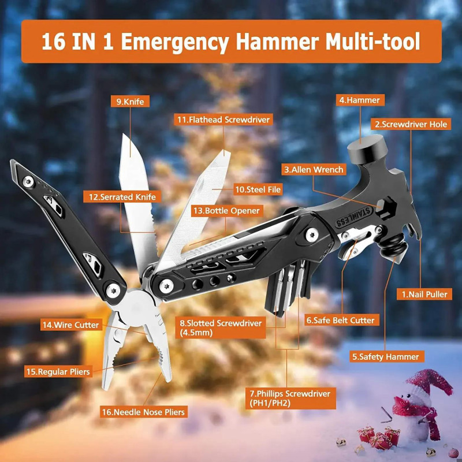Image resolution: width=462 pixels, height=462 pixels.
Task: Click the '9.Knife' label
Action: point(131,102)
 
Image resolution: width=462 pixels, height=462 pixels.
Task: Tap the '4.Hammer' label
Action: point(360,100)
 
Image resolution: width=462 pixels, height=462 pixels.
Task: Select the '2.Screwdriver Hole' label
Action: point(411,124)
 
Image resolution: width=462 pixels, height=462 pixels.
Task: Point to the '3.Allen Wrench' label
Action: point(314,169)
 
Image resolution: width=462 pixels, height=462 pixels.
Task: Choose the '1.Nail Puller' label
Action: point(424,294)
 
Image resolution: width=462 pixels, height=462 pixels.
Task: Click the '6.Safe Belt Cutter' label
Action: point(341,320)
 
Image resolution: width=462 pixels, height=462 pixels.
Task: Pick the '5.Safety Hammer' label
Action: point(386,356)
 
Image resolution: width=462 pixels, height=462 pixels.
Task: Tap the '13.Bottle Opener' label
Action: point(226,211)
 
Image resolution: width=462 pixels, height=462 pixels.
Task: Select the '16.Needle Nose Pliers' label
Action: point(143,412)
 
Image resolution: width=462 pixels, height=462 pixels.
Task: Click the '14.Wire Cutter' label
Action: point(71,325)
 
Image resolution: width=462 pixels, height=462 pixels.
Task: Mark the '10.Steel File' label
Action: point(258,189)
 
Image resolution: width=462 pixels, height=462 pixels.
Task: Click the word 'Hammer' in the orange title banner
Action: point(277,41)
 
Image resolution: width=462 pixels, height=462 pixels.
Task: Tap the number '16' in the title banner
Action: point(53,42)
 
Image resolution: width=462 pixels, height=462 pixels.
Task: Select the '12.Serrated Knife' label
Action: point(122,197)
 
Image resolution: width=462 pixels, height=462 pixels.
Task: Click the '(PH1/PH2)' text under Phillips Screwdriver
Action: point(270,403)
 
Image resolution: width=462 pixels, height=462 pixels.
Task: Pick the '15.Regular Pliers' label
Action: point(58,371)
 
